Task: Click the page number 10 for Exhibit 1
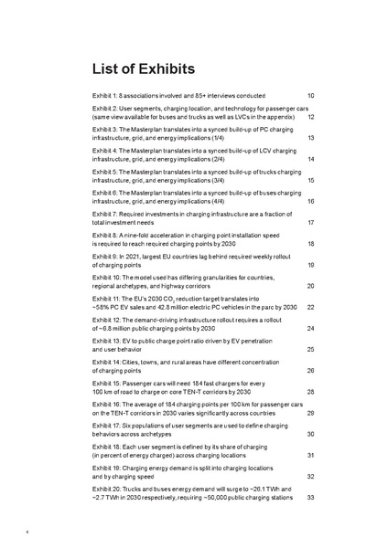[311, 96]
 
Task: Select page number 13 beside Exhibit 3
[311, 138]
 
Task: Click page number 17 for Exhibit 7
[311, 223]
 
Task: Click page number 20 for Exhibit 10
[311, 287]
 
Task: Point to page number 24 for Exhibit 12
[311, 329]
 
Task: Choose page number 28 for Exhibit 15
[311, 393]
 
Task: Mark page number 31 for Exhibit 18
[311, 456]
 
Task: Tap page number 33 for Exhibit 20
[311, 498]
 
